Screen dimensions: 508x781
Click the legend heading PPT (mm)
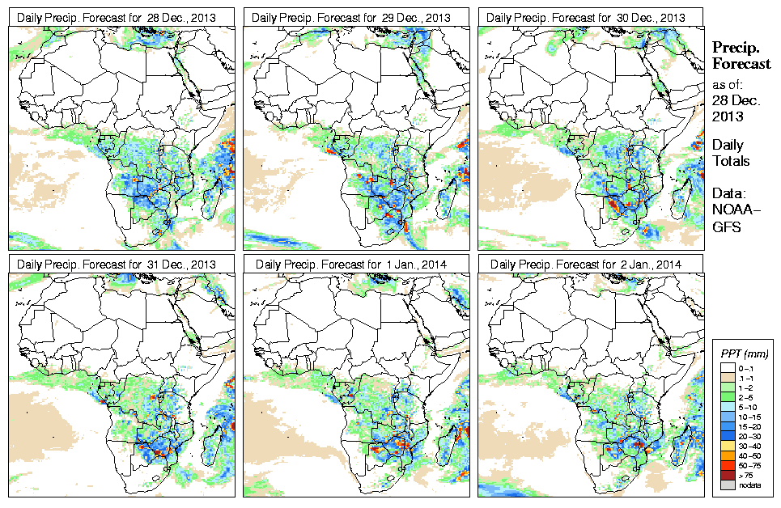point(745,353)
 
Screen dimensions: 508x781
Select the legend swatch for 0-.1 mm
point(726,368)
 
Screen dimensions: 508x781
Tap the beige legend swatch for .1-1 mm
point(726,378)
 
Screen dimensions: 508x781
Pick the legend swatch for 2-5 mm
point(726,397)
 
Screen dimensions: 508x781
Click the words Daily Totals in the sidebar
point(730,152)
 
